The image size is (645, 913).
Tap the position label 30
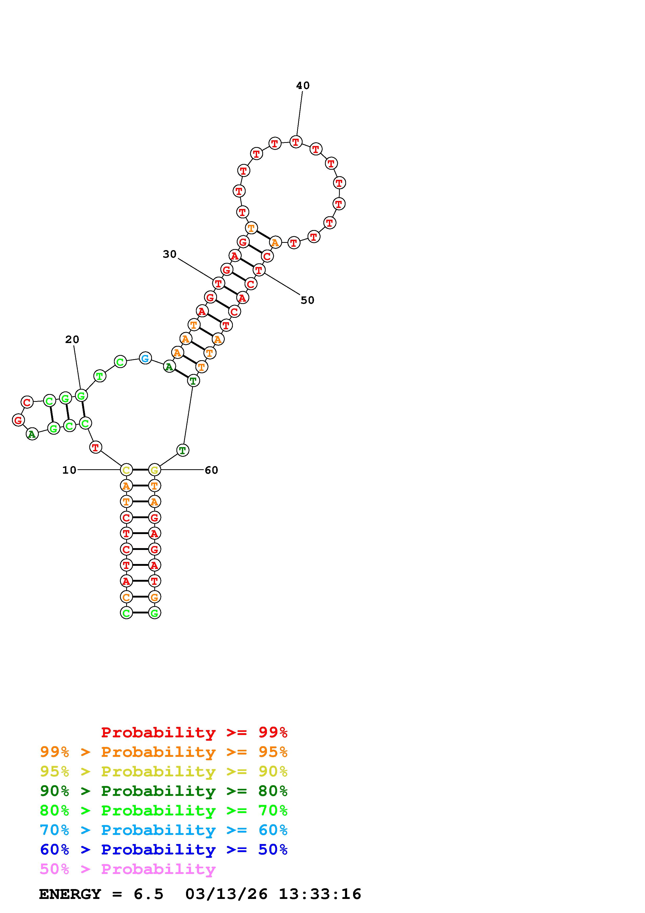(x=169, y=254)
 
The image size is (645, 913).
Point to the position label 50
(x=307, y=300)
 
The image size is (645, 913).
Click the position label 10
(x=69, y=470)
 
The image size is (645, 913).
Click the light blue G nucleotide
(x=145, y=358)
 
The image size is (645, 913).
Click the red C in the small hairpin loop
(x=27, y=402)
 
